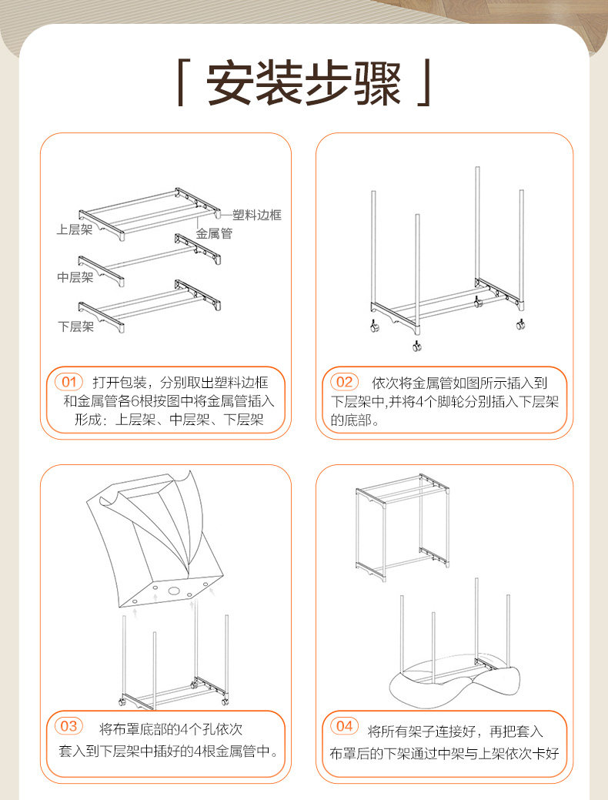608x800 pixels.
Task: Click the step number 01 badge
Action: tap(68, 382)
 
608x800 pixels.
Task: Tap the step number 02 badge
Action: tap(344, 382)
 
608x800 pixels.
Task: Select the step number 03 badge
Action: tap(68, 726)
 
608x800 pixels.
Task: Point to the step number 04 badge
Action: tap(344, 726)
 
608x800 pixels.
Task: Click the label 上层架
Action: tap(75, 229)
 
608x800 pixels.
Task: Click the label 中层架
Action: tap(75, 277)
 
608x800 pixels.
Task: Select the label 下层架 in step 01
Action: tap(76, 326)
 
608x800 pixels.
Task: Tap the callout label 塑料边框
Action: tap(256, 215)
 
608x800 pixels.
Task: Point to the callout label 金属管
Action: tap(214, 233)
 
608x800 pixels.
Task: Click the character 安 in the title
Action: tap(231, 83)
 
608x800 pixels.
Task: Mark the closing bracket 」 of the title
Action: tap(424, 82)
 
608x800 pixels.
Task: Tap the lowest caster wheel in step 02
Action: tap(416, 346)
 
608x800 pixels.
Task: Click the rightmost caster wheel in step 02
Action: tap(521, 324)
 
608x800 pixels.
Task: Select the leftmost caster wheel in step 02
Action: tap(375, 326)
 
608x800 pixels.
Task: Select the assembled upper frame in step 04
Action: tap(403, 527)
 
